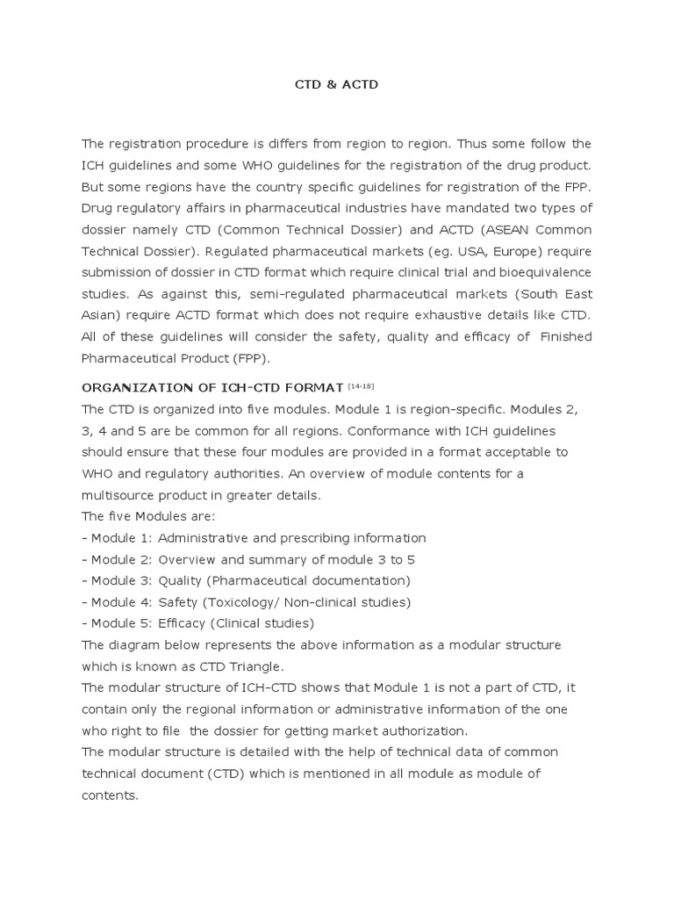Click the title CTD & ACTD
pyautogui.click(x=336, y=87)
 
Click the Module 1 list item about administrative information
pyautogui.click(x=254, y=537)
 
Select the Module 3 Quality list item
pyautogui.click(x=246, y=580)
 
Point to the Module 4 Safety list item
pyautogui.click(x=246, y=601)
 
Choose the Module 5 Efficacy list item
pyautogui.click(x=197, y=623)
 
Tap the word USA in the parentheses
pyautogui.click(x=470, y=251)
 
